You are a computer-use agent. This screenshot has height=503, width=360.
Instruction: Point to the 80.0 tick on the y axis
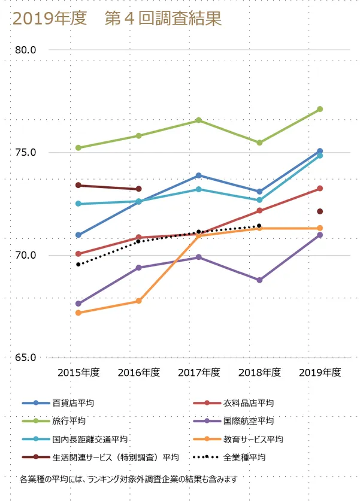tap(26, 50)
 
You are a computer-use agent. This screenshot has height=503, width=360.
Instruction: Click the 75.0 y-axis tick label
tap(26, 153)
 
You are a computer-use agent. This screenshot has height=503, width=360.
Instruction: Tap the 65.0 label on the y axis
tap(26, 358)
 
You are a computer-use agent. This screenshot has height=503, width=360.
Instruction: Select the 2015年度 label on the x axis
tap(78, 372)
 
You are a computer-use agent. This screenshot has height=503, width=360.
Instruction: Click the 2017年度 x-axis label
tap(199, 372)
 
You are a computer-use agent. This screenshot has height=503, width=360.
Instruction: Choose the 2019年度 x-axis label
tap(320, 372)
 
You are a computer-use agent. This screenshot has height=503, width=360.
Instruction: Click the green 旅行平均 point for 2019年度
tap(320, 109)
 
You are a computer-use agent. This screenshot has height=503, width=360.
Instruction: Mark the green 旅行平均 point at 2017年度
tap(199, 120)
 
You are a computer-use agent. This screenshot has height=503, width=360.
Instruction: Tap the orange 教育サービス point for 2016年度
tap(139, 301)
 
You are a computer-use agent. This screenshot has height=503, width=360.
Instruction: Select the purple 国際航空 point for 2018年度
tap(259, 280)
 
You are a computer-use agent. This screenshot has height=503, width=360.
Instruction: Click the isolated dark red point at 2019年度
tap(320, 211)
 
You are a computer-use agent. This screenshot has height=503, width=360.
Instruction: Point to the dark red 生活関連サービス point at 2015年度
tap(78, 185)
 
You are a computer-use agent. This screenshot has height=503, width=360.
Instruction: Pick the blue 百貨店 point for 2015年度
tap(78, 235)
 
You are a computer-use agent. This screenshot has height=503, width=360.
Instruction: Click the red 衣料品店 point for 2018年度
tap(259, 211)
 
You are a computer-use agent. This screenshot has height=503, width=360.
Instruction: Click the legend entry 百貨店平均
tap(72, 403)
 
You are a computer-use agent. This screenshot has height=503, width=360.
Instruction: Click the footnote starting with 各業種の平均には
tap(131, 480)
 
